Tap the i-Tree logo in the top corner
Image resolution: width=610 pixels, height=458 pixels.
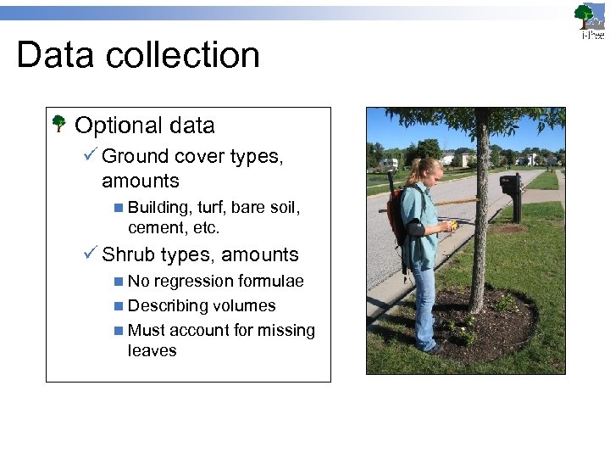(591, 22)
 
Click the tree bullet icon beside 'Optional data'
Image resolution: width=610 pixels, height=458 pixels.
(59, 126)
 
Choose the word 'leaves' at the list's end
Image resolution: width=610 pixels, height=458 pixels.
(152, 351)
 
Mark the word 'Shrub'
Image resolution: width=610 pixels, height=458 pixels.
(128, 254)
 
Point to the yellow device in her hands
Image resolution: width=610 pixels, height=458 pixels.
(454, 226)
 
